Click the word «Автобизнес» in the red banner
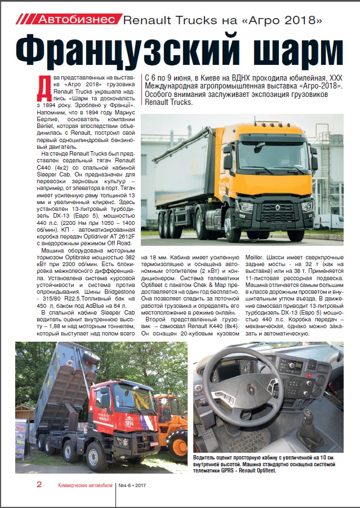76,19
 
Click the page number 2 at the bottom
39,485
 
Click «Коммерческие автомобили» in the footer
85,485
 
